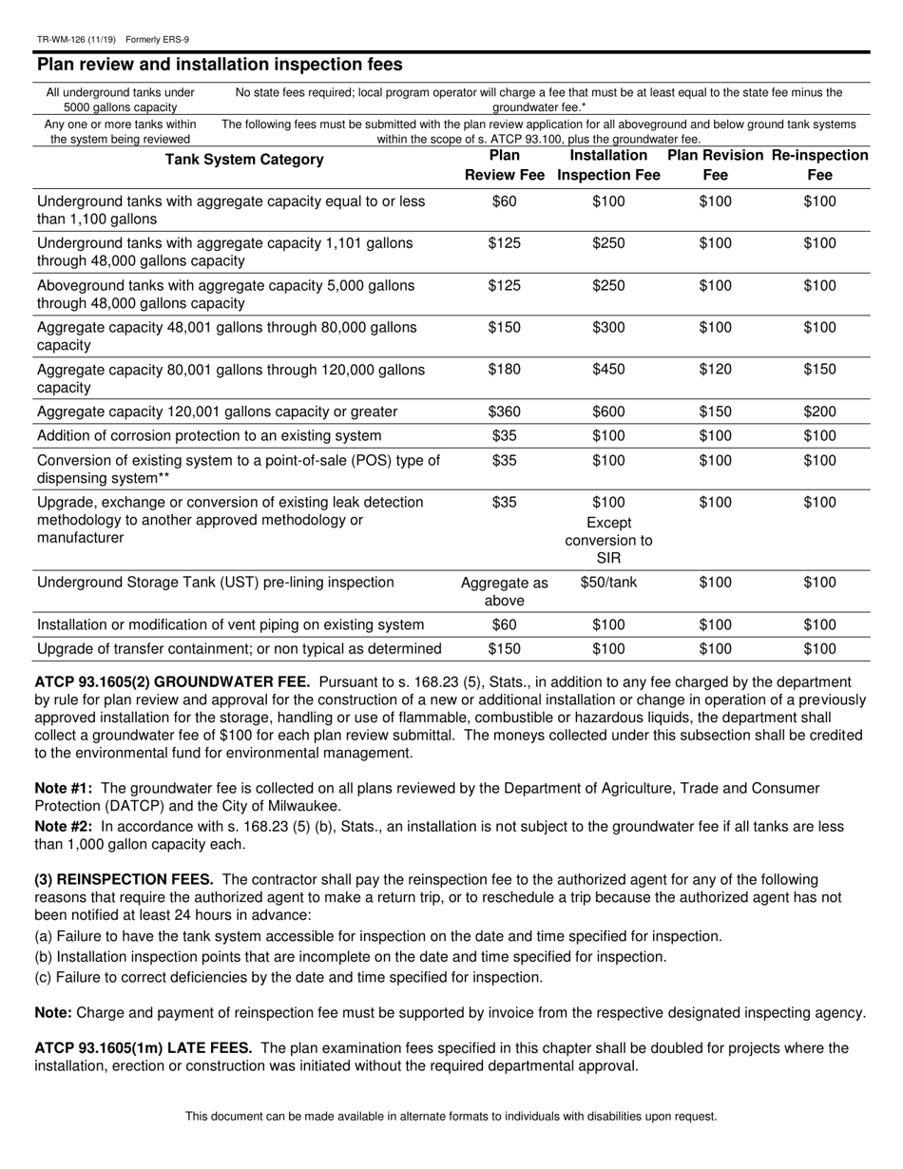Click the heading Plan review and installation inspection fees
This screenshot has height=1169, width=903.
(220, 65)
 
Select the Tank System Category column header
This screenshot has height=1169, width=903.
(244, 160)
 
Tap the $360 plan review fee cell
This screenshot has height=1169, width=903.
(504, 412)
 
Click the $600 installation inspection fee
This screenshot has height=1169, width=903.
(608, 412)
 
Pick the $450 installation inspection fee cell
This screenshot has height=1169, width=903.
(608, 370)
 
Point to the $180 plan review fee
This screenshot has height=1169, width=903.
(504, 370)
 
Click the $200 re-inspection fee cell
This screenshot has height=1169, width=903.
(819, 412)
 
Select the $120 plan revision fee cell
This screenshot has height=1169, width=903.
(715, 370)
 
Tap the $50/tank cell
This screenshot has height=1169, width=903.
(608, 583)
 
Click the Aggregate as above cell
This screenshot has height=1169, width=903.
(504, 591)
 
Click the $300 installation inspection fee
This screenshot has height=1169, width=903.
(608, 328)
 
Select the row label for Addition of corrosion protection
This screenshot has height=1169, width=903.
(209, 435)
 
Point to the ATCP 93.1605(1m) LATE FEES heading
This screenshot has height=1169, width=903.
(143, 1047)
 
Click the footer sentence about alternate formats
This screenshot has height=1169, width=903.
(451, 1116)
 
